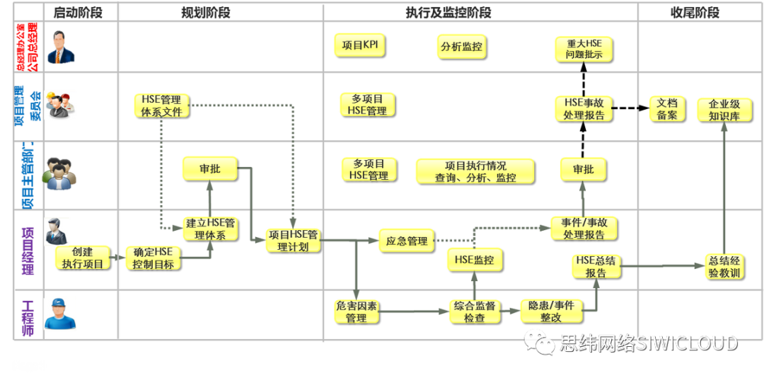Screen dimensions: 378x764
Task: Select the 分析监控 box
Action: coord(461,47)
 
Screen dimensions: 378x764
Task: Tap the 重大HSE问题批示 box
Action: coord(584,48)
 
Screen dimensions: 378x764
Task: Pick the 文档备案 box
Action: coord(667,109)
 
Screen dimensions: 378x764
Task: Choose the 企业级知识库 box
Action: coord(724,110)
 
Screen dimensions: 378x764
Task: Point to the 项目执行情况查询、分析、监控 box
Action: coord(475,171)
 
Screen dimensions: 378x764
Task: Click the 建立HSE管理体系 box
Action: coord(210,229)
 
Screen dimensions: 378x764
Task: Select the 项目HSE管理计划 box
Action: coord(293,240)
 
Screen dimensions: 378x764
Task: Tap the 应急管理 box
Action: coord(406,241)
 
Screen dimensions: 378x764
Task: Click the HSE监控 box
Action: coord(474,259)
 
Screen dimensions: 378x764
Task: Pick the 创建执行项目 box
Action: coord(82,258)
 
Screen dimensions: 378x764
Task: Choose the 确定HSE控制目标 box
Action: coord(153,258)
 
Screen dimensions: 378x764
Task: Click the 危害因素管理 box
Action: coord(356,311)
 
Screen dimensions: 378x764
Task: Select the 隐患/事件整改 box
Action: coord(550,311)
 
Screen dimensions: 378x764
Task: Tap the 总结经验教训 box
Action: coord(724,266)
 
